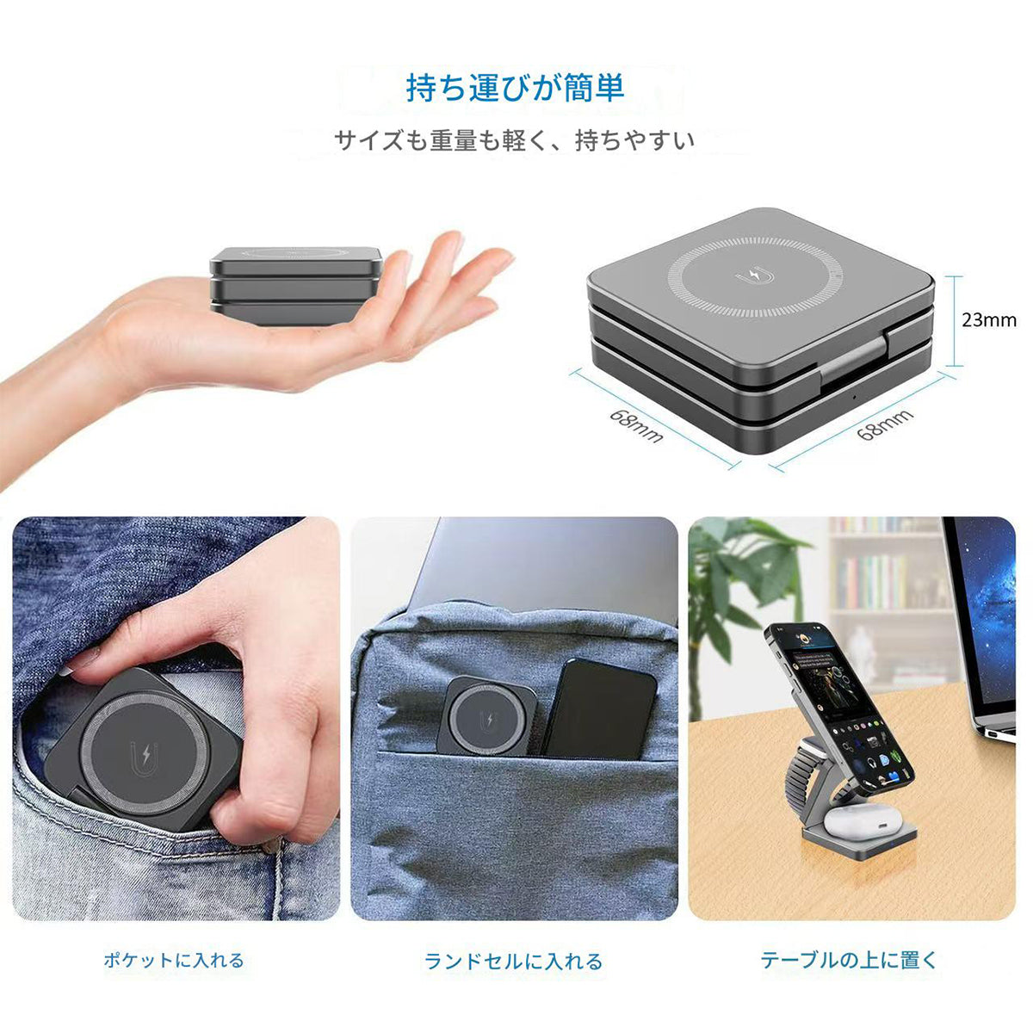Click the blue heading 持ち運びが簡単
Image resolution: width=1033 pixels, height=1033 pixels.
pyautogui.click(x=515, y=88)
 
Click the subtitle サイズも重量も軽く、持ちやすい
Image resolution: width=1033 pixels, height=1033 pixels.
pyautogui.click(x=515, y=139)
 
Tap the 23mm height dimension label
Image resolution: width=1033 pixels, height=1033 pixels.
pyautogui.click(x=989, y=320)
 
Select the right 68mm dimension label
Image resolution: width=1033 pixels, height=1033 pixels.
pyautogui.click(x=885, y=425)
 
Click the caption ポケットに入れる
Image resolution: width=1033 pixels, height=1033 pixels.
pyautogui.click(x=174, y=961)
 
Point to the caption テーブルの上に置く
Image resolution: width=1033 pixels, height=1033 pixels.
pyautogui.click(x=849, y=960)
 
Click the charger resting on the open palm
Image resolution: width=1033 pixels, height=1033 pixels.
pyautogui.click(x=297, y=284)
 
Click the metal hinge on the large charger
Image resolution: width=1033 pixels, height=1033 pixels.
pyautogui.click(x=852, y=362)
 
